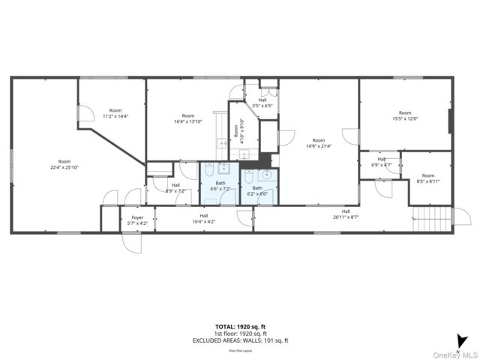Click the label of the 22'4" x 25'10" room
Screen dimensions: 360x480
coord(64,164)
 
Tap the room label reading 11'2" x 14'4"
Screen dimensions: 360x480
coord(115,113)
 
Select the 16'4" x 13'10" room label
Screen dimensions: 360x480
coord(188,118)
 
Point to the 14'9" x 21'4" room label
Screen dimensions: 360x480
coord(319,143)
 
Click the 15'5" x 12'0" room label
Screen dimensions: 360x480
coord(405,115)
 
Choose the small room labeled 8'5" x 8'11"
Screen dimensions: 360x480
coord(427,178)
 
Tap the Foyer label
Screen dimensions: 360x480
coord(137,220)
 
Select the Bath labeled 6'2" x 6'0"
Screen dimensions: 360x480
coord(257,190)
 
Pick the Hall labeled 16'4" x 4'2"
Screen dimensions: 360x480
coord(203,218)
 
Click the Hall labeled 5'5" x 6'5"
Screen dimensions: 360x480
coord(262,103)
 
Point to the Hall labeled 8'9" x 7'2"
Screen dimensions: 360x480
coord(175,187)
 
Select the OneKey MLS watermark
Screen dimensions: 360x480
coord(459,355)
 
